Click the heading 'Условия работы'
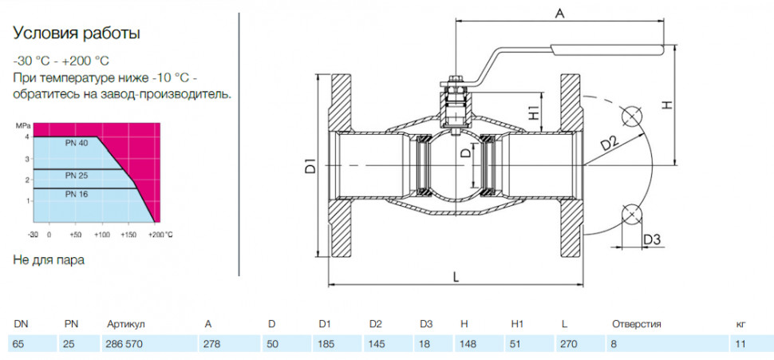pos(77,34)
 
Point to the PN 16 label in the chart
pos(77,195)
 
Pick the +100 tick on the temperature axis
pos(102,235)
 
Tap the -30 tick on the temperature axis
pos(33,235)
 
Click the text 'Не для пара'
pos(49,260)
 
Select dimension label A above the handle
pos(559,14)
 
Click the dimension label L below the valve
pos(456,278)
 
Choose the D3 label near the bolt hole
pos(651,239)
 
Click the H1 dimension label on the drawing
pos(534,113)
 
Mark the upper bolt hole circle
pos(632,117)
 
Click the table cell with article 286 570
pos(122,344)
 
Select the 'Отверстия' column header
pos(636,324)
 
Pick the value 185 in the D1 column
pos(327,344)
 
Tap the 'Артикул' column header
pos(125,324)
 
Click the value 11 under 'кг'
pos(740,344)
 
